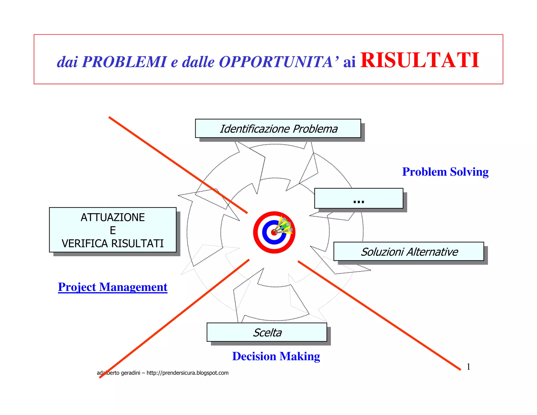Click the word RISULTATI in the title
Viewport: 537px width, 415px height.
[x=420, y=61]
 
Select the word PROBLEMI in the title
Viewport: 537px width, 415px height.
[x=124, y=62]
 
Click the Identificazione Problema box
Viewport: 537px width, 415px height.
[x=278, y=129]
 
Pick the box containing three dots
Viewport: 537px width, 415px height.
[x=359, y=199]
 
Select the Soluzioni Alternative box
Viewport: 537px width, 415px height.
[x=409, y=252]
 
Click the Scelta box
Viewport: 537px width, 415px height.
[x=267, y=332]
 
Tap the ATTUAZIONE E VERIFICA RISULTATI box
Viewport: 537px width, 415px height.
[x=113, y=230]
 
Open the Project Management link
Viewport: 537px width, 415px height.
[x=113, y=287]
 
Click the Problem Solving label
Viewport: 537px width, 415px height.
[x=445, y=172]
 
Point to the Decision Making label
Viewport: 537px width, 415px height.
[x=276, y=357]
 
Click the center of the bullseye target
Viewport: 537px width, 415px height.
[x=274, y=232]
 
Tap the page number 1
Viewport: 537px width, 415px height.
[x=468, y=367]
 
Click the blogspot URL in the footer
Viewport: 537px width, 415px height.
[x=187, y=373]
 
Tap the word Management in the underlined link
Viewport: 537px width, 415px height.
[x=133, y=287]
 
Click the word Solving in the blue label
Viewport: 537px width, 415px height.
[x=469, y=172]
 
